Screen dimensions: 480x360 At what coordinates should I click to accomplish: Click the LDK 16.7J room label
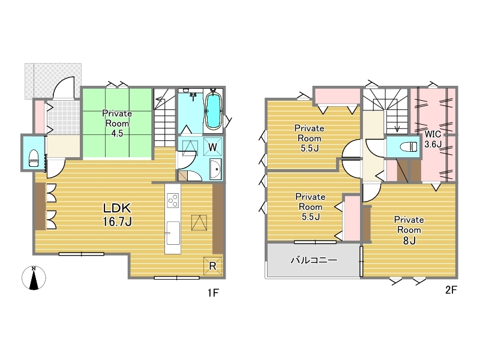point(117,214)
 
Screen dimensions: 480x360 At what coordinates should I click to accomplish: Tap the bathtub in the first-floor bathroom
point(213,110)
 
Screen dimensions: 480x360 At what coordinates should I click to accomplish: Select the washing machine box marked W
point(213,147)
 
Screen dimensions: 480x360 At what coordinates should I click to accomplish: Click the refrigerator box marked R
point(213,266)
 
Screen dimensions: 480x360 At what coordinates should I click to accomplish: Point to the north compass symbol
point(34,278)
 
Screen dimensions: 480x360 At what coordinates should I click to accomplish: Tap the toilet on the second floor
point(409,146)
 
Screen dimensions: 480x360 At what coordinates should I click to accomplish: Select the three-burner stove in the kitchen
point(173,200)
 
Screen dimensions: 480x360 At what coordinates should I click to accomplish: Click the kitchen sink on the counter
point(173,233)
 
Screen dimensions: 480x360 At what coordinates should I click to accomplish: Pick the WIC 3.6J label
point(433,139)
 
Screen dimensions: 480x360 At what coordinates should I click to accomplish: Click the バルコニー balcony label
point(314,260)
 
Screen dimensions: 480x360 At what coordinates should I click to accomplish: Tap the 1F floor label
point(213,293)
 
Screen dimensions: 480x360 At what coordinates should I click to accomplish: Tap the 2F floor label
point(451,290)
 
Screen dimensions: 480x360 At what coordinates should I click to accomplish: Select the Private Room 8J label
point(409,230)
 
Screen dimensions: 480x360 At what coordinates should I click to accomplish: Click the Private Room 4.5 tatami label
point(117,124)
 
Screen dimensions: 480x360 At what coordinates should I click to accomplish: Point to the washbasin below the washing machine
point(216,169)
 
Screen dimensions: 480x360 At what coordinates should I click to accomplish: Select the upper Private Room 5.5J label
point(309,138)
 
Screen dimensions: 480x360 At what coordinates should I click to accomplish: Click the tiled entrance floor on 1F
point(64,118)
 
